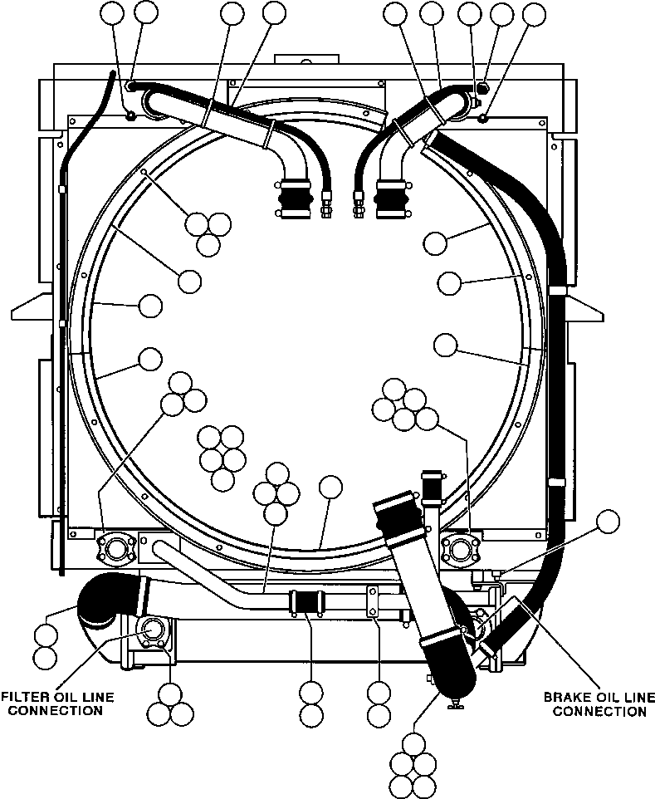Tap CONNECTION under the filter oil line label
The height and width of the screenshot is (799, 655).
55,710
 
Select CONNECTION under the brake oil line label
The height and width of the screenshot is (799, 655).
599,711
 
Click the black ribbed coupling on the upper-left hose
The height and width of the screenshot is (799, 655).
296,199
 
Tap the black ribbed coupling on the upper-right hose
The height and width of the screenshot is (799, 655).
391,199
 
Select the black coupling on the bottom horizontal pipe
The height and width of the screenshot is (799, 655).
306,602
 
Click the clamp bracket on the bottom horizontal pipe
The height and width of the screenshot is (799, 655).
374,601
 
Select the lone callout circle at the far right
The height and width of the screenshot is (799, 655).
609,522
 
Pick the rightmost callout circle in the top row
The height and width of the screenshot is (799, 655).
534,14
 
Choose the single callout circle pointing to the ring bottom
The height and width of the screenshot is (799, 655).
330,488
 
